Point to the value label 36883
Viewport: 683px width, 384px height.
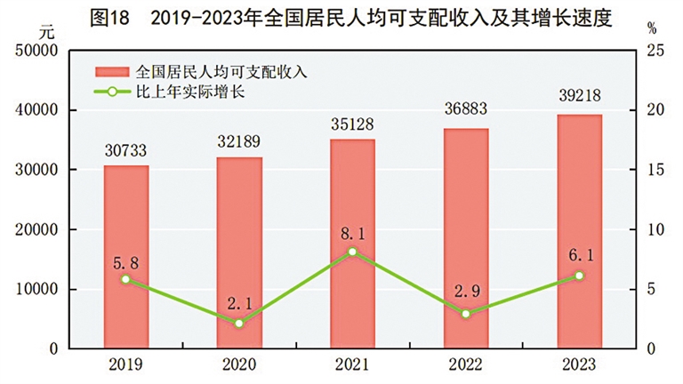466,109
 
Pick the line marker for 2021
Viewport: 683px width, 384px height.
353,252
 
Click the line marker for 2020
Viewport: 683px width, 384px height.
239,323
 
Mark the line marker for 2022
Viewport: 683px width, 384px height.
466,313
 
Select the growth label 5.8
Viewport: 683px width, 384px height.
125,263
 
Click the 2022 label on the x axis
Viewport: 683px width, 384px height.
466,364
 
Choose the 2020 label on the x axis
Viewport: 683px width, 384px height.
239,364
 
